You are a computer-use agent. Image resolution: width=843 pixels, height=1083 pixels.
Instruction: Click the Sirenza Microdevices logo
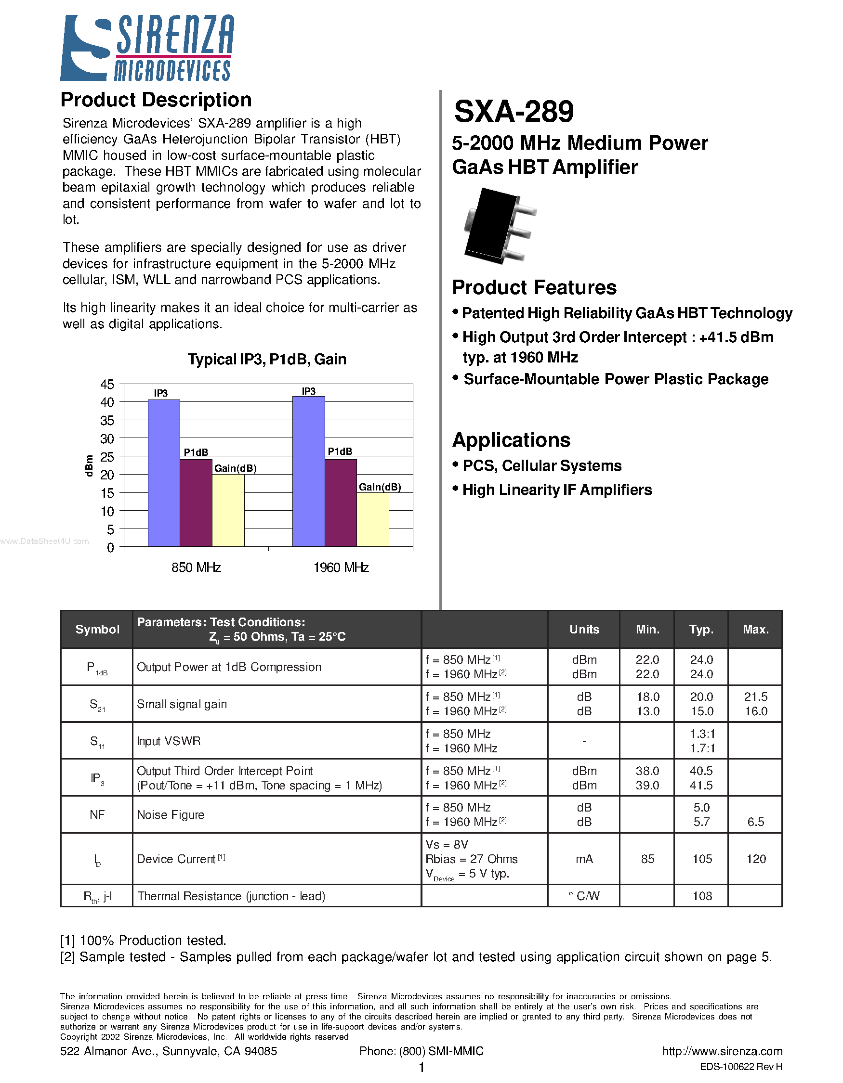click(147, 48)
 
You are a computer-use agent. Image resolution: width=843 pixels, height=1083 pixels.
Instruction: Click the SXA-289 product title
click(514, 112)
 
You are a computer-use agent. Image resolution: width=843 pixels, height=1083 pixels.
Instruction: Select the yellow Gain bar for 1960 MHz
click(373, 519)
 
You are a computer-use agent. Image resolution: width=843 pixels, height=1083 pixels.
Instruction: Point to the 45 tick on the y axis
click(107, 384)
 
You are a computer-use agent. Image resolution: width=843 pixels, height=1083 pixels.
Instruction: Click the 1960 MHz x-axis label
click(341, 567)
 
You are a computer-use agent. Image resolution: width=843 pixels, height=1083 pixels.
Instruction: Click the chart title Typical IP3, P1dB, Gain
click(266, 359)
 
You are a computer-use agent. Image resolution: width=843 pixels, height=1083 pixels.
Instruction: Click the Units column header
click(584, 629)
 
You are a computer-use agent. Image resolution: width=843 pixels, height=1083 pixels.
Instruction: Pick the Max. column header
click(755, 629)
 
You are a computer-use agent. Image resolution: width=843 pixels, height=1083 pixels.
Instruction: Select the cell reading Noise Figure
click(171, 815)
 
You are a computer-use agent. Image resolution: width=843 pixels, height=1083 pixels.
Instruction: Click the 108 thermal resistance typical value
click(701, 896)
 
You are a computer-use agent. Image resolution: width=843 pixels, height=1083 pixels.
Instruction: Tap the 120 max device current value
click(756, 859)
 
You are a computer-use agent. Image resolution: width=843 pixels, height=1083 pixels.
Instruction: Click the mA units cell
click(584, 859)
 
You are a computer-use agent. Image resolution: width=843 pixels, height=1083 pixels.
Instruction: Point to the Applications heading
click(511, 440)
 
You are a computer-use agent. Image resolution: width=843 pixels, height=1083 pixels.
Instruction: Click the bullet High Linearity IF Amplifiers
click(557, 490)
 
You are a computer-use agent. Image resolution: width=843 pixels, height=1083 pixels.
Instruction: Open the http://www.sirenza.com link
click(722, 1051)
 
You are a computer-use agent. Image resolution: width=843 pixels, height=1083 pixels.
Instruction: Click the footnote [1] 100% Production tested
click(144, 940)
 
